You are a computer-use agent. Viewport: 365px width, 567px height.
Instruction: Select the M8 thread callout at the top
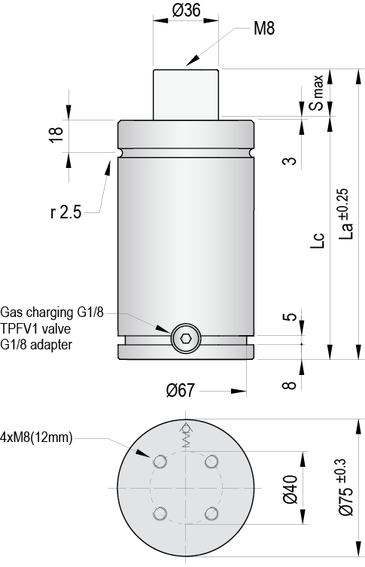click(264, 29)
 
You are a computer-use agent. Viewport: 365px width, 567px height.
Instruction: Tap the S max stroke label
click(319, 93)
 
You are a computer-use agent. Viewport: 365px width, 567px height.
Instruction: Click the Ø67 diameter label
click(181, 390)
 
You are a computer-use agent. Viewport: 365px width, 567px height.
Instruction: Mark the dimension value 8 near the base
click(287, 384)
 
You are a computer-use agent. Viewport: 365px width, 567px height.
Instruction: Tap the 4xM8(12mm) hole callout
click(36, 437)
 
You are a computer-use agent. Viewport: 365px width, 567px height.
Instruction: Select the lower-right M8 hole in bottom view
click(211, 514)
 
